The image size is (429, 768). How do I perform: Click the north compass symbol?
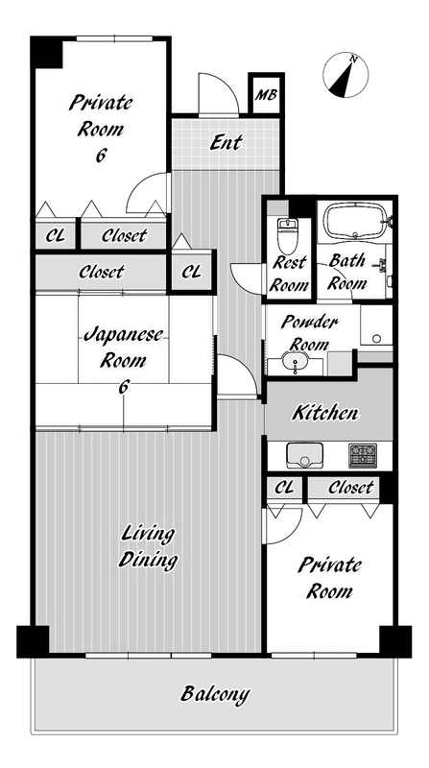point(346,76)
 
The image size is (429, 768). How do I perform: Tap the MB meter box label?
point(266,94)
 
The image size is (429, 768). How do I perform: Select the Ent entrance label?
point(226,142)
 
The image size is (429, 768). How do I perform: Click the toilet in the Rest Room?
point(288,235)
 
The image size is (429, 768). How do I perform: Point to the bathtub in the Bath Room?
point(356,221)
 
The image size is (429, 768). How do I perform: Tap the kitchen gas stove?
point(363,455)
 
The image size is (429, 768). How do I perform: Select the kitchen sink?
point(303,456)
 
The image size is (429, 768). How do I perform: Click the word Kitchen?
point(325,413)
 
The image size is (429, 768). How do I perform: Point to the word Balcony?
point(215,693)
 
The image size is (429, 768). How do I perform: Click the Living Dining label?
point(148,546)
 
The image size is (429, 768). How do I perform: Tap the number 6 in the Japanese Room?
point(124,387)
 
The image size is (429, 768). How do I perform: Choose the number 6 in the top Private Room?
point(101,156)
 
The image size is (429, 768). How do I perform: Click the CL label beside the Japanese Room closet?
point(192,273)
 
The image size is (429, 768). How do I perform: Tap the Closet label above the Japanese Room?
point(102,272)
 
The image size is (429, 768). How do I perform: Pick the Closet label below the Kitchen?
point(350,488)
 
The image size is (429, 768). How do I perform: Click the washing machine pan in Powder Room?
point(376,325)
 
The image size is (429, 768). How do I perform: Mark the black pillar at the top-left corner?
point(46,53)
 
